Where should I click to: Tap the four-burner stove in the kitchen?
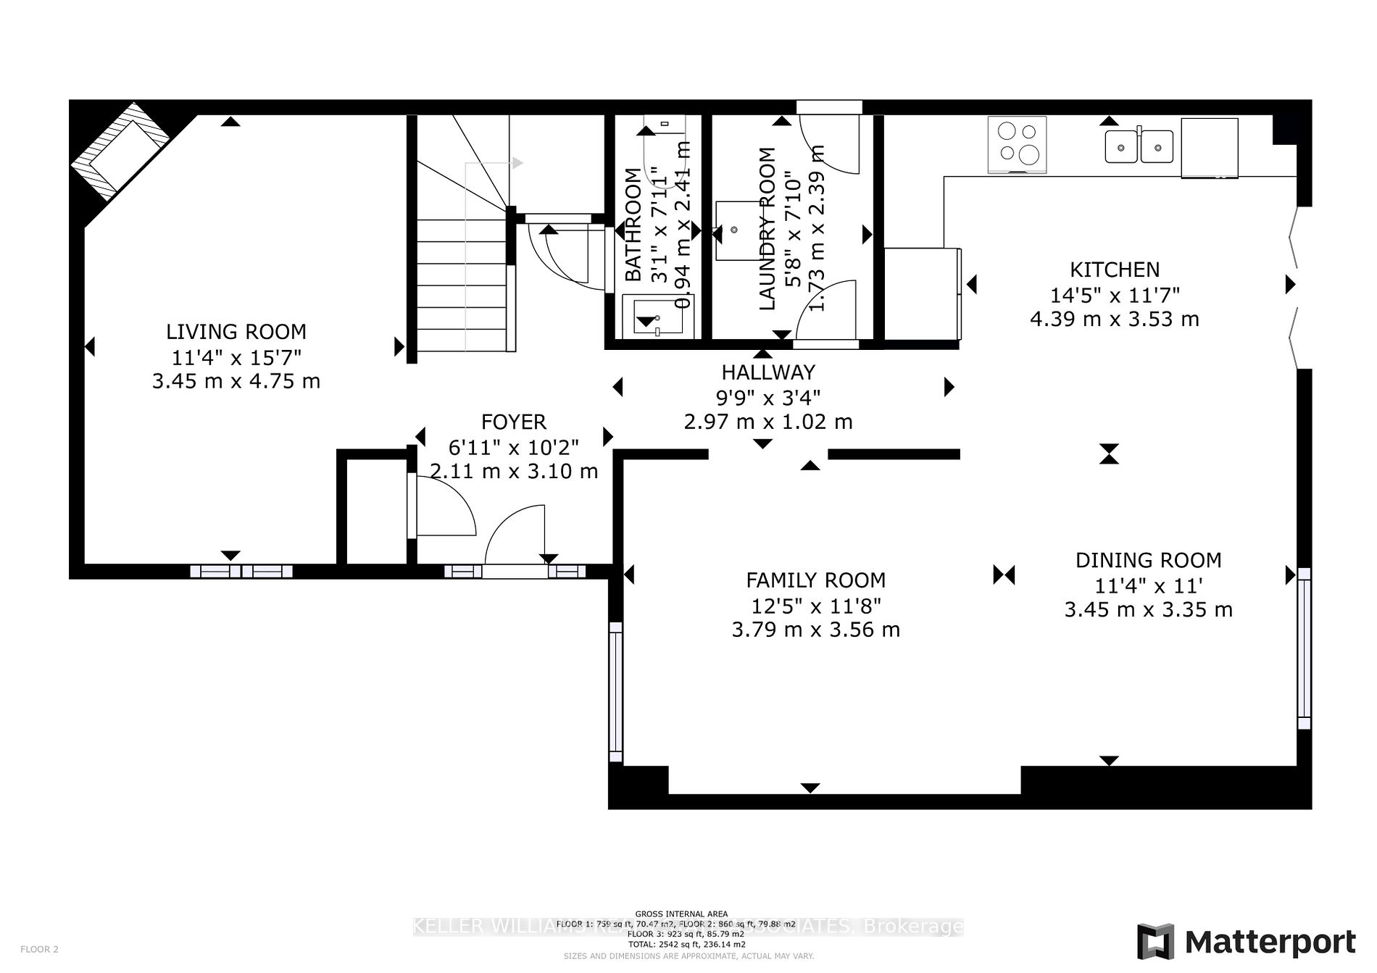1017,143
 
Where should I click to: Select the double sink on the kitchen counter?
1139,146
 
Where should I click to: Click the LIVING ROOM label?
236,332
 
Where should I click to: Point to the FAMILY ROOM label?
815,580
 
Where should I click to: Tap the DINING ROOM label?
1148,560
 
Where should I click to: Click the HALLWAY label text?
768,372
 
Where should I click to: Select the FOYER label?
513,422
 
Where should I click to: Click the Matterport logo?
1246,942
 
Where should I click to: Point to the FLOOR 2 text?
39,949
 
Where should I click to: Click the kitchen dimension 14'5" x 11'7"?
1115,295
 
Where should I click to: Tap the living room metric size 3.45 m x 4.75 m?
236,381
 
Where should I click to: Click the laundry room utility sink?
734,230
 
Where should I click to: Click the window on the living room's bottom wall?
241,572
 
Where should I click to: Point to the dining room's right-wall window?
1304,648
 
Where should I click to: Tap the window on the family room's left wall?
615,692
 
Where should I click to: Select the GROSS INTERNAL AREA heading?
681,914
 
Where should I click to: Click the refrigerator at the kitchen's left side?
922,293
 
